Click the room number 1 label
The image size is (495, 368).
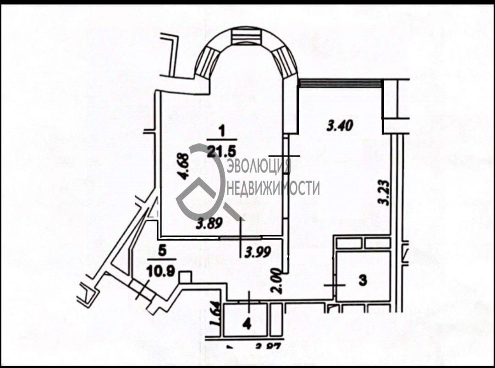(x=222, y=132)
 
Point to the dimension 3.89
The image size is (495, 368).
(x=209, y=225)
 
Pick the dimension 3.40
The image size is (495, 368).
(x=340, y=125)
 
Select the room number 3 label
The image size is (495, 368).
(x=363, y=280)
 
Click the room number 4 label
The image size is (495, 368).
(x=247, y=325)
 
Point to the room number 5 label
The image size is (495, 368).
(x=161, y=251)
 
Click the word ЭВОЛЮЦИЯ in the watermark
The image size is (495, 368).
(x=259, y=165)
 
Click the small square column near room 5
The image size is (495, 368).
(x=185, y=276)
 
